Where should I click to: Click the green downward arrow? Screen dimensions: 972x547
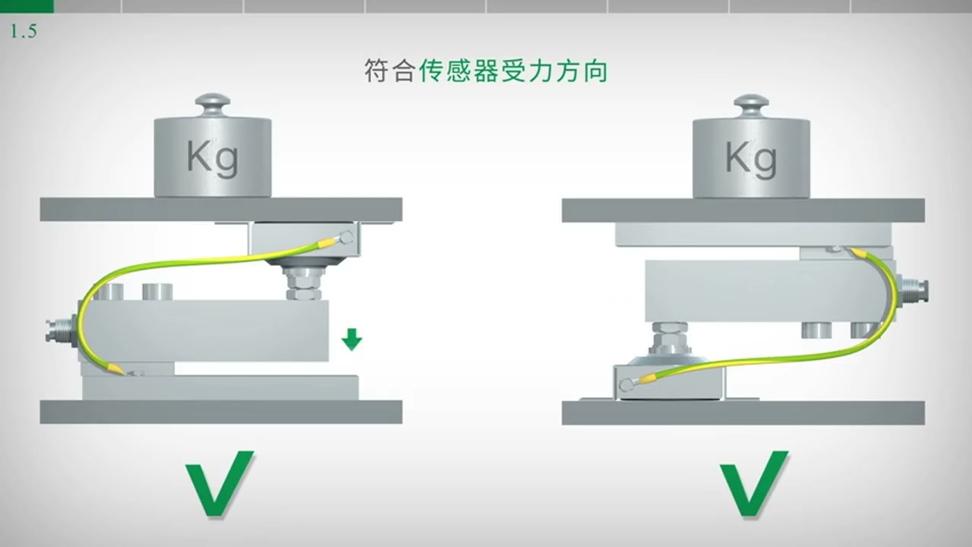pos(351,340)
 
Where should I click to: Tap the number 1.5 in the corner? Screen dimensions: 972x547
pos(24,32)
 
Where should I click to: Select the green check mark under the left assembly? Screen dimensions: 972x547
pos(219,483)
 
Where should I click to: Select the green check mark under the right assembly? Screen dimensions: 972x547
pos(754,483)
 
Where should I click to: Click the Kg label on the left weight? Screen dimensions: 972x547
pos(212,158)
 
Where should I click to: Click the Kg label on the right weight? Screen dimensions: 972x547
pos(750,158)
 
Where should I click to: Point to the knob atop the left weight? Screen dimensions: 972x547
pos(213,103)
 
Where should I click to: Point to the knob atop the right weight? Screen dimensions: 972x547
pos(751,103)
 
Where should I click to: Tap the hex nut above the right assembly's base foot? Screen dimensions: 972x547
pos(668,335)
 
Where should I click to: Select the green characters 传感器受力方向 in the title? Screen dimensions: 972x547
pos(513,72)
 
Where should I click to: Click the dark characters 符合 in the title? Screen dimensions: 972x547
pos(389,72)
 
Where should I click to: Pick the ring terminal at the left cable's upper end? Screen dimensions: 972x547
pos(347,237)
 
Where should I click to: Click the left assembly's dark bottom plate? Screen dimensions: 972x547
pos(220,412)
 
